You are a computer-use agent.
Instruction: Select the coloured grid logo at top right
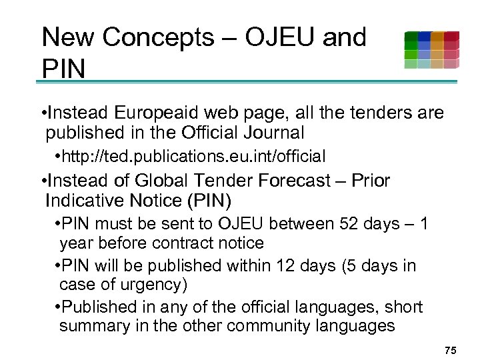[x=431, y=50]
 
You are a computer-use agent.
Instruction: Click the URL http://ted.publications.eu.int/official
[x=192, y=157]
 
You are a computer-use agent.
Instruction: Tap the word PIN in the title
[x=63, y=68]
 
